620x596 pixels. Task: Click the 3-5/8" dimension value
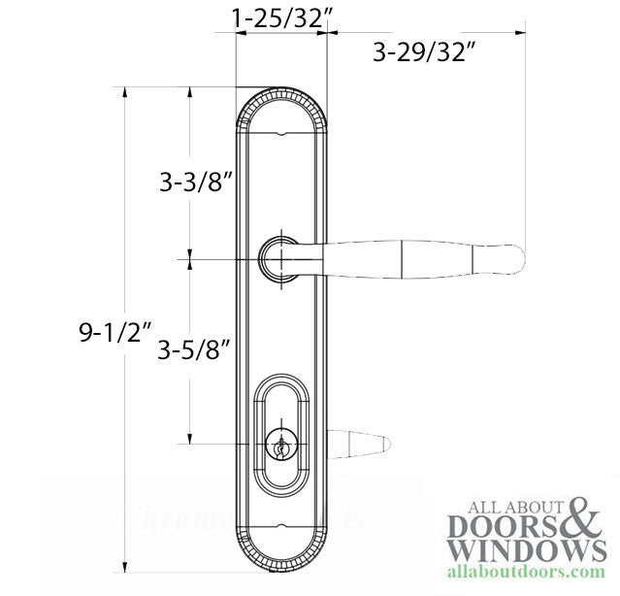(195, 348)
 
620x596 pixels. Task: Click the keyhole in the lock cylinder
(280, 448)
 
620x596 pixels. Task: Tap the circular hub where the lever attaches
(279, 259)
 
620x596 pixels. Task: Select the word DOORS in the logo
(503, 526)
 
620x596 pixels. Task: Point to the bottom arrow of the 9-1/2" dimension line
(125, 571)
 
